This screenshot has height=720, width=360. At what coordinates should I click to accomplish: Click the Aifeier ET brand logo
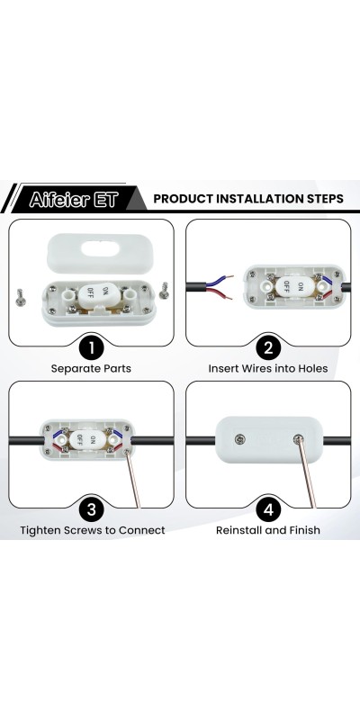pyautogui.click(x=74, y=199)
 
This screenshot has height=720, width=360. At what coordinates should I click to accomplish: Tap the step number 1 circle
pyautogui.click(x=91, y=347)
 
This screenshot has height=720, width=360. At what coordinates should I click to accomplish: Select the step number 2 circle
pyautogui.click(x=268, y=347)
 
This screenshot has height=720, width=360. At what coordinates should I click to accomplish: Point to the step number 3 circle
pyautogui.click(x=91, y=509)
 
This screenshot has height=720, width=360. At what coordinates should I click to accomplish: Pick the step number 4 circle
pyautogui.click(x=268, y=509)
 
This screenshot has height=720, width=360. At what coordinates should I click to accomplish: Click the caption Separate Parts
pyautogui.click(x=91, y=369)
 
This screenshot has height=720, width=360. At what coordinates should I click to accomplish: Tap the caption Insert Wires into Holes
pyautogui.click(x=268, y=369)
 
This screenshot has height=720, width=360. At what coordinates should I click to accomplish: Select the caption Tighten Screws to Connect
pyautogui.click(x=93, y=530)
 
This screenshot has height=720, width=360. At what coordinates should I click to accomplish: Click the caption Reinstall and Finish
pyautogui.click(x=268, y=530)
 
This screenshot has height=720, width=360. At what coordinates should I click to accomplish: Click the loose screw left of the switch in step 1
pyautogui.click(x=20, y=297)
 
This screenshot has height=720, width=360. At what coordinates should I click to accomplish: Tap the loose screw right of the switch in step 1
pyautogui.click(x=164, y=291)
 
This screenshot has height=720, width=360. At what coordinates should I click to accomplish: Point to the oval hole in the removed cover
pyautogui.click(x=100, y=249)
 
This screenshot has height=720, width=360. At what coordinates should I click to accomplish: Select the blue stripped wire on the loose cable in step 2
pyautogui.click(x=220, y=281)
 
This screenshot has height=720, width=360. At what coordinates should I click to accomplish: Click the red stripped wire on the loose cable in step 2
pyautogui.click(x=220, y=294)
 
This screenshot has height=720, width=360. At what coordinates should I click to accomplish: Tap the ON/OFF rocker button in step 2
pyautogui.click(x=293, y=286)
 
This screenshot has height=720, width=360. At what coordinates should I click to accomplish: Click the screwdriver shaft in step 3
pyautogui.click(x=132, y=479)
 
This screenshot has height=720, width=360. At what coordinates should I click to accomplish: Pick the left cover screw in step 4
pyautogui.click(x=239, y=439)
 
